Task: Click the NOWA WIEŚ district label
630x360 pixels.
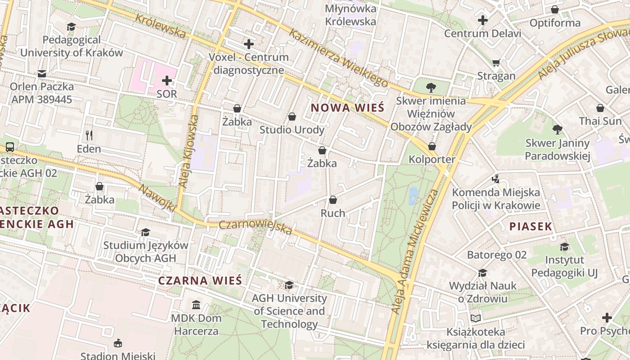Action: pyautogui.click(x=347, y=108)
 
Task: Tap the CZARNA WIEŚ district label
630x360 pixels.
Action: pyautogui.click(x=200, y=280)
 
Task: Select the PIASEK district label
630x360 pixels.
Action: pyautogui.click(x=531, y=226)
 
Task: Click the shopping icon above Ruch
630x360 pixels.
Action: pyautogui.click(x=333, y=200)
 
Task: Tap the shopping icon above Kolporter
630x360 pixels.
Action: pyautogui.click(x=432, y=146)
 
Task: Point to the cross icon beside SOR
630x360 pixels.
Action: pyautogui.click(x=167, y=81)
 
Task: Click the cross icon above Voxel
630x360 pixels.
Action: pyautogui.click(x=248, y=44)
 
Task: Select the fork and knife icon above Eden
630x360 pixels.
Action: pyautogui.click(x=89, y=135)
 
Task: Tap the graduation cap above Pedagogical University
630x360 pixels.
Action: pyautogui.click(x=71, y=27)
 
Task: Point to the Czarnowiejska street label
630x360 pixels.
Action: pyautogui.click(x=256, y=228)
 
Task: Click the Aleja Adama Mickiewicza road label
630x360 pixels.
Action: pyautogui.click(x=414, y=252)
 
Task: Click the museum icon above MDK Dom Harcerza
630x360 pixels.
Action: pyautogui.click(x=196, y=305)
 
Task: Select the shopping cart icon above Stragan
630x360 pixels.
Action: pyautogui.click(x=496, y=63)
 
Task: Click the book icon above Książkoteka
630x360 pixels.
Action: pyautogui.click(x=476, y=319)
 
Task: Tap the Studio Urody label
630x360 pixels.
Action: pyautogui.click(x=292, y=130)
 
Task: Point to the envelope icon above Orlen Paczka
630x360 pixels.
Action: pyautogui.click(x=42, y=73)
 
